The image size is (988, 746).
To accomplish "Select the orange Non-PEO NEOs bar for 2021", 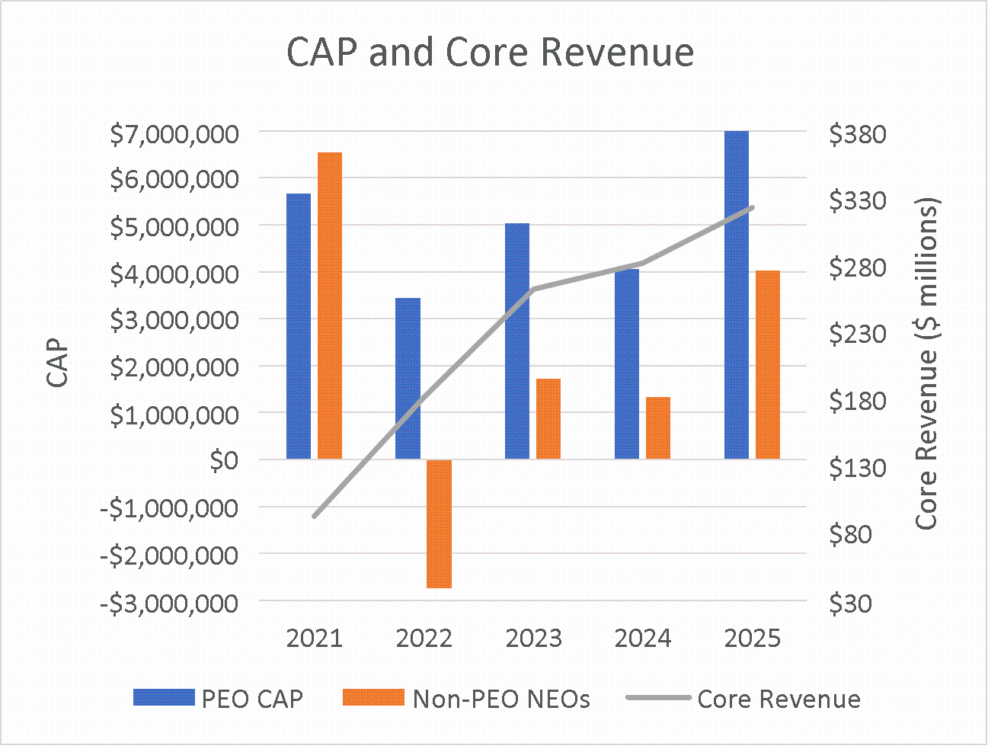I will (330, 306).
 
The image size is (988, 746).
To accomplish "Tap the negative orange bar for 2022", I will (440, 523).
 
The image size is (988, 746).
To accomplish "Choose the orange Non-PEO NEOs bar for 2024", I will (658, 427).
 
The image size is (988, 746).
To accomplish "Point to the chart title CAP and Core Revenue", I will (490, 53).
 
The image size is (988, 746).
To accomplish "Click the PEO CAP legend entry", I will (219, 698).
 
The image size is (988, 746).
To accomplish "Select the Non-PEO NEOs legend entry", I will (466, 698).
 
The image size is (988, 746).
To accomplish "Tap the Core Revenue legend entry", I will (743, 699).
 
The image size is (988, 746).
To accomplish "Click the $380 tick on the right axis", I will (858, 135).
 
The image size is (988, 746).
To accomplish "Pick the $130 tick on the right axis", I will (858, 467).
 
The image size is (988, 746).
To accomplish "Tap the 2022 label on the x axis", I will (424, 638).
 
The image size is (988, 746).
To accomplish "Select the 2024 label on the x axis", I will (643, 638).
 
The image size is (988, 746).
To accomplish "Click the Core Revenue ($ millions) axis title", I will (926, 364).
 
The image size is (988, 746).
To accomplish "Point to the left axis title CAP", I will (58, 364).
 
